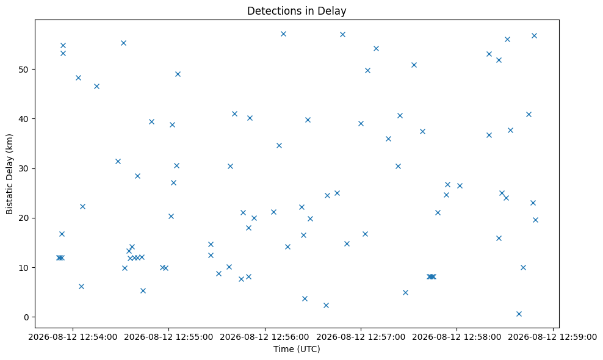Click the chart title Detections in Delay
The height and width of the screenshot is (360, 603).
pos(297,11)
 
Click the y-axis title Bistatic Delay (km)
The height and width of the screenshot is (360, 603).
pos(9,175)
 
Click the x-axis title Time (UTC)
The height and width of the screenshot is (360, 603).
pos(297,349)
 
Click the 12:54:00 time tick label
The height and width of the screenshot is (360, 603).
pos(73,337)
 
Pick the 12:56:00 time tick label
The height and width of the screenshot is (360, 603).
pos(265,337)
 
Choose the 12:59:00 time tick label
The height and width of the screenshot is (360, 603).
pos(553,337)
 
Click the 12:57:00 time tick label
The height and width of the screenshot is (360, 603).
pos(361,337)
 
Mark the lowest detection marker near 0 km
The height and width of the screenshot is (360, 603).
pos(519,314)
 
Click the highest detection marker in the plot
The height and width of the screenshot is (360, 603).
pos(283,34)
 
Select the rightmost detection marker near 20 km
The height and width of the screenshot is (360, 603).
pos(535,220)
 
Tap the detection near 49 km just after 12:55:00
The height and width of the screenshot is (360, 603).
pos(178,74)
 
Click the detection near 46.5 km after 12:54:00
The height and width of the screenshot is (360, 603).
pos(96,86)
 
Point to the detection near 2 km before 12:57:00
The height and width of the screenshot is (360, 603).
pos(326,305)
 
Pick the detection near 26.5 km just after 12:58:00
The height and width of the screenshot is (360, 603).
pos(460,185)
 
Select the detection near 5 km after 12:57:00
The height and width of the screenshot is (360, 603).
pos(405,293)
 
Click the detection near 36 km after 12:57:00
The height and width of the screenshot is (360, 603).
pos(388,139)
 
